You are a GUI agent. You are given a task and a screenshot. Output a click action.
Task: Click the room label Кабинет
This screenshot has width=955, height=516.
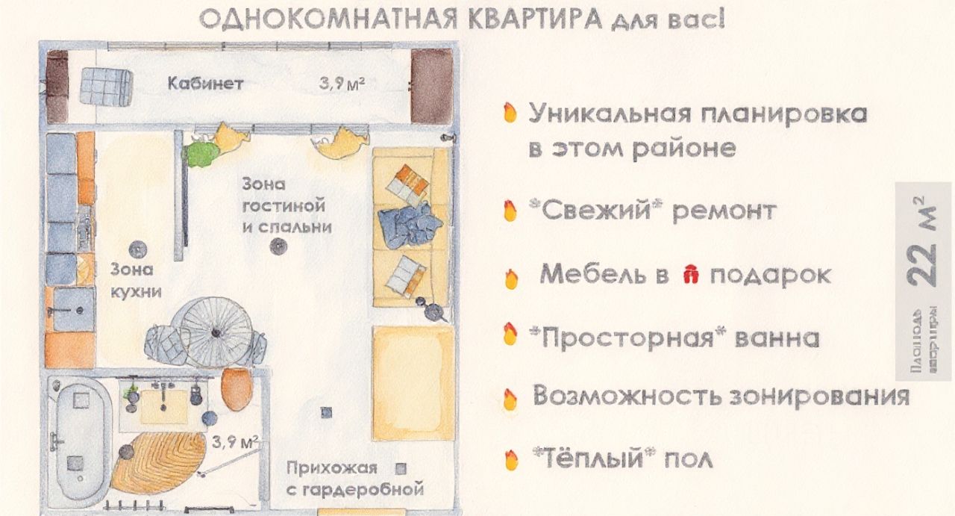205,84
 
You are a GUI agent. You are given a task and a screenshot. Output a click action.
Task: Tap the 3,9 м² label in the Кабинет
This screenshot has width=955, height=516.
342,84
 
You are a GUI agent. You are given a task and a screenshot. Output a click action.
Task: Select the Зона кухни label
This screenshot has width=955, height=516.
136,280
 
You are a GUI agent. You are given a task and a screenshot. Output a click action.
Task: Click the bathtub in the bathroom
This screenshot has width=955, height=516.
81,441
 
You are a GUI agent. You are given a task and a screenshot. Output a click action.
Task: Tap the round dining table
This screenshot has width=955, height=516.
215,331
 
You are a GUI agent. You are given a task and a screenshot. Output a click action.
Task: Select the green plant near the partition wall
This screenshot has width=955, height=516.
200,154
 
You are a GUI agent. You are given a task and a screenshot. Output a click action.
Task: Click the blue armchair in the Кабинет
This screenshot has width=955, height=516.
104,88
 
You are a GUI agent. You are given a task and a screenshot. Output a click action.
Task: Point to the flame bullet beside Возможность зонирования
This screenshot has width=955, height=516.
510,398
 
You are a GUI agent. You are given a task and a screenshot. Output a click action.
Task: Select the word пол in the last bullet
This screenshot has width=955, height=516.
688,458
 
